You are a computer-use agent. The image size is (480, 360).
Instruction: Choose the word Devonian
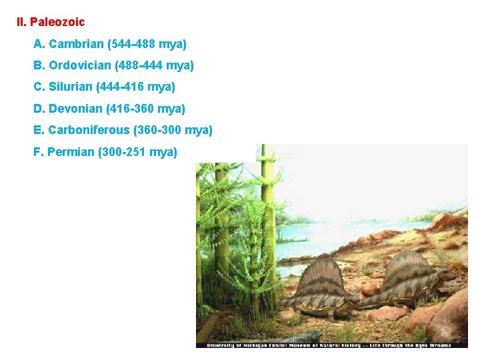pyautogui.click(x=75, y=108)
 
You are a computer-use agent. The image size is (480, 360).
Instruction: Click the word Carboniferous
pyautogui.click(x=89, y=130)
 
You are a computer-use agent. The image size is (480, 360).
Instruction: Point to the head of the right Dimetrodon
pyautogui.click(x=448, y=274)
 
